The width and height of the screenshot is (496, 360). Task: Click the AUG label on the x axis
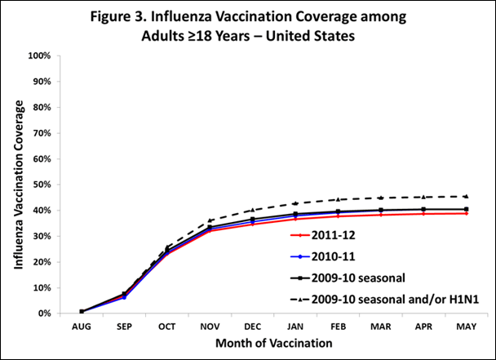[x=81, y=324]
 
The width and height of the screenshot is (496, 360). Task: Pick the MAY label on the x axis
[x=467, y=324]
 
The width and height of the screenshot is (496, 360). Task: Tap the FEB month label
[x=339, y=324]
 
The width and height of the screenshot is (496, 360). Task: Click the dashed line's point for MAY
[x=467, y=196]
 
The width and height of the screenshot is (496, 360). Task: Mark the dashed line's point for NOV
[x=210, y=220]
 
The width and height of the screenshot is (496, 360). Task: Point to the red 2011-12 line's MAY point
[x=467, y=213]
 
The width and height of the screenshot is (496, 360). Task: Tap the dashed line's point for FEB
[x=339, y=199]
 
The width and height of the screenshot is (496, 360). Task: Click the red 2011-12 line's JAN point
[x=295, y=219]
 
